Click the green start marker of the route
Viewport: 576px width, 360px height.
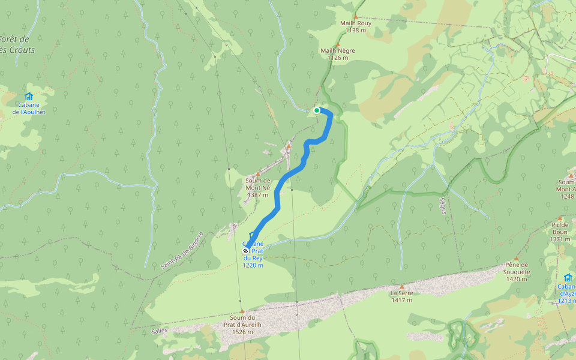click(317, 110)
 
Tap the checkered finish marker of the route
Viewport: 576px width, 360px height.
click(246, 251)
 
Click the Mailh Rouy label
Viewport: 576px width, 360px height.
click(356, 27)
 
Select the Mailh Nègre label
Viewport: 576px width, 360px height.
click(338, 54)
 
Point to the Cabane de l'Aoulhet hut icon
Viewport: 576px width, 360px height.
click(29, 97)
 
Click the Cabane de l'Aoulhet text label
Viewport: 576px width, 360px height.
click(29, 109)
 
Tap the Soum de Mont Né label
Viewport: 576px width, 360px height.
click(258, 187)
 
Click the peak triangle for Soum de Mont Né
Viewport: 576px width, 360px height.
click(258, 174)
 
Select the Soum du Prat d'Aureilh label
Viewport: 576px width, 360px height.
click(242, 325)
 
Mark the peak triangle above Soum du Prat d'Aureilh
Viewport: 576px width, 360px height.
click(242, 311)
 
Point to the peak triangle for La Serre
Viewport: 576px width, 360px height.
click(401, 287)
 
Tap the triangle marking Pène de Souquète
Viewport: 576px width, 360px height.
click(517, 258)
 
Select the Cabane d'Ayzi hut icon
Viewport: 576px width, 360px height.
click(568, 277)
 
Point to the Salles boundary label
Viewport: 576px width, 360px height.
click(160, 330)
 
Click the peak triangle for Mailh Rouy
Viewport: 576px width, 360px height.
click(356, 17)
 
